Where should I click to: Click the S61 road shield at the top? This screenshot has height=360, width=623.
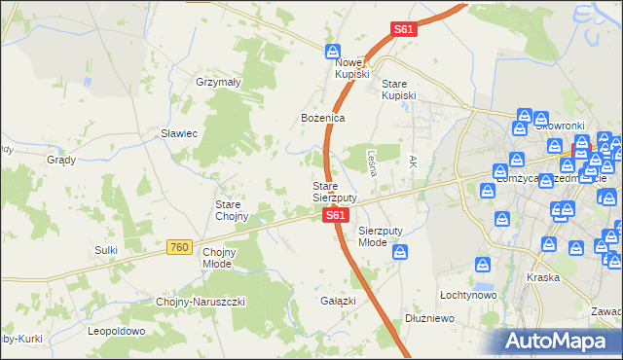404,30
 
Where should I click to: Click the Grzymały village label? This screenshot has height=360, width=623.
218,83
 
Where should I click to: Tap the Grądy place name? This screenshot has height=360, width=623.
61,160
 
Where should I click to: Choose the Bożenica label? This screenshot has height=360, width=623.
322,118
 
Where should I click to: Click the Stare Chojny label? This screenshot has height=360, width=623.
233,210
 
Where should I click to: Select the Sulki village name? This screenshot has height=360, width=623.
106,250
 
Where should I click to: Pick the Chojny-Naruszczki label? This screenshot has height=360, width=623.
201,302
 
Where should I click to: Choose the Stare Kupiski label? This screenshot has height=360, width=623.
398,90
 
